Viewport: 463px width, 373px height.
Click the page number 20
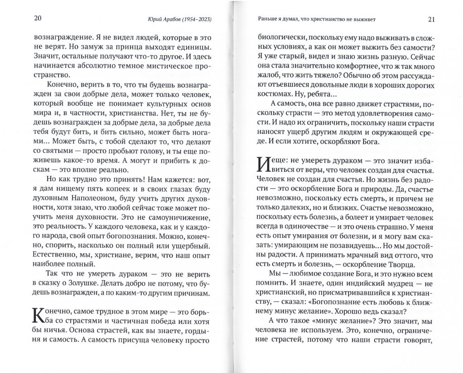click(38, 19)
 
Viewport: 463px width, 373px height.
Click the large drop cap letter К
click(39, 314)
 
